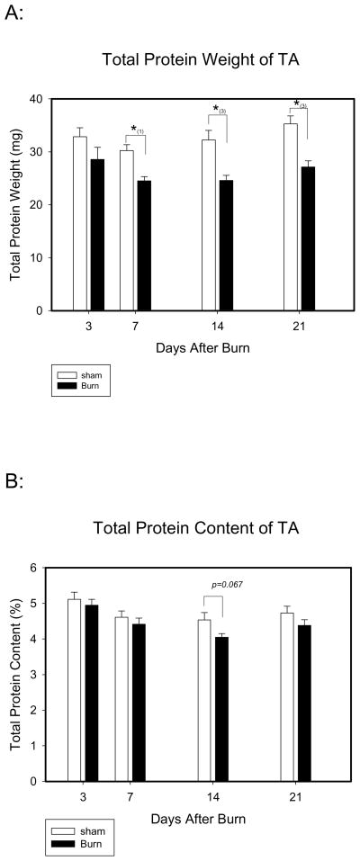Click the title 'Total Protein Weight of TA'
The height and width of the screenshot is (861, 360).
pos(186,61)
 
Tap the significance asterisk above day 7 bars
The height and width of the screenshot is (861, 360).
pos(134,130)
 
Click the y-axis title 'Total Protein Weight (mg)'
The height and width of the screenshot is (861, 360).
pos(18,204)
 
